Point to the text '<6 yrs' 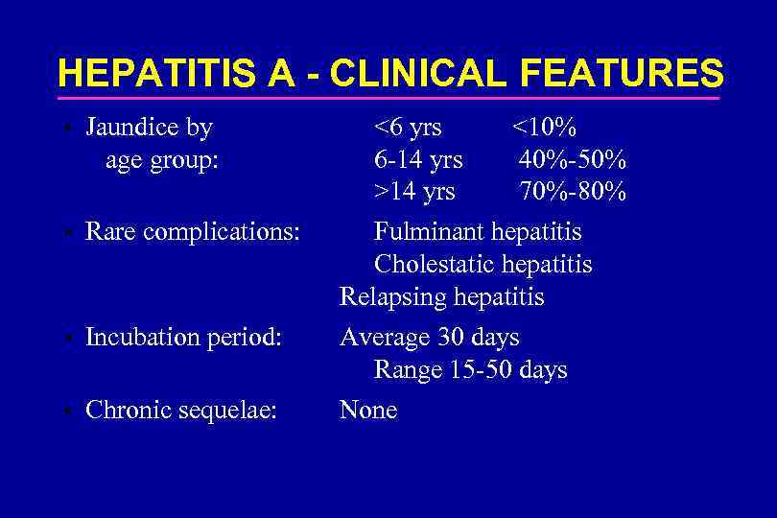point(408,128)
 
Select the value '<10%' point(543,128)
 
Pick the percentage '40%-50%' point(573,159)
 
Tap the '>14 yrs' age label point(414,192)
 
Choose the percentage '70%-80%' point(573,192)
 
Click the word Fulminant point(429,232)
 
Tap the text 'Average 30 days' point(429,338)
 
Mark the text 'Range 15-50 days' point(470,370)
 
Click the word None point(368,411)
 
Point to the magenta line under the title point(388,97)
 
